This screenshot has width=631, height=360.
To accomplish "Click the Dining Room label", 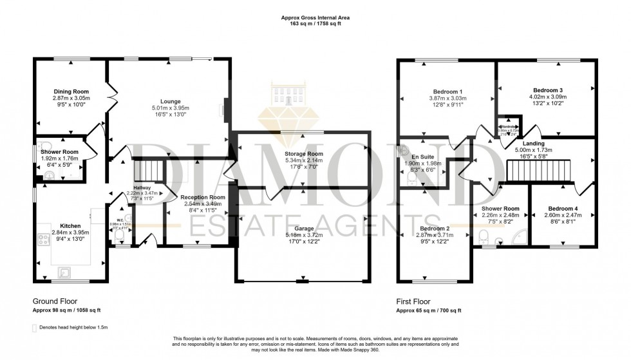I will [71, 91].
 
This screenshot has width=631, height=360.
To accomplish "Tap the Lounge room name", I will [170, 101].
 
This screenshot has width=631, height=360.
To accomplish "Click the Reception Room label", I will [203, 197].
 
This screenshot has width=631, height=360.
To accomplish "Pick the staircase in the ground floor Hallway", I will [145, 171].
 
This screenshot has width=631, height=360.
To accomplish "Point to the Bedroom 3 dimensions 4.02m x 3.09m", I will [548, 97].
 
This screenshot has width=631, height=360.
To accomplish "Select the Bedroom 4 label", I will [562, 209].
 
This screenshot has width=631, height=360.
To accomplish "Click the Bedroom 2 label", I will [435, 229].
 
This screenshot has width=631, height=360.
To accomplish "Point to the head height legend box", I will [35, 328].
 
